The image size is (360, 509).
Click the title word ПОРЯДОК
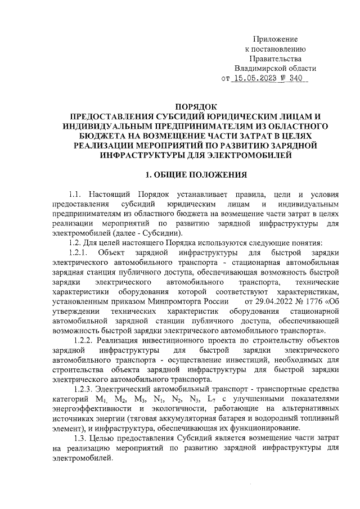[195, 106]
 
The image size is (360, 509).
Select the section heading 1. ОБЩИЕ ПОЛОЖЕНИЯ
[195, 174]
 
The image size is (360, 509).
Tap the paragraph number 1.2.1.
[78, 252]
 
